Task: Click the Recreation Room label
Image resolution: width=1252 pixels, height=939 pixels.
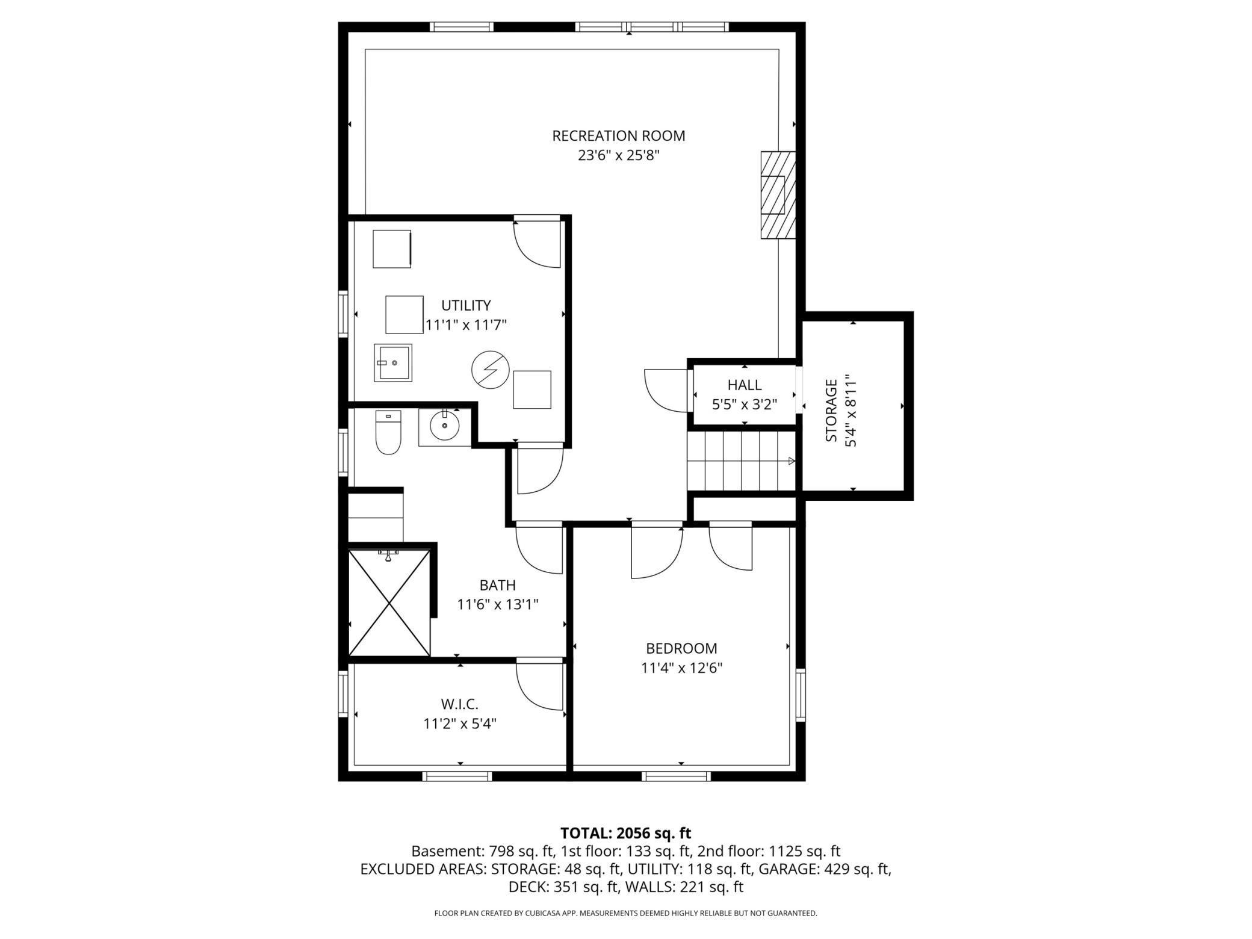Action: (x=619, y=136)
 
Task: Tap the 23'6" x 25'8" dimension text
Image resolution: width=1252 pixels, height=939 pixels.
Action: (x=619, y=156)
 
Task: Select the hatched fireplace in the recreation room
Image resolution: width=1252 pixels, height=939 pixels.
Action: (x=778, y=194)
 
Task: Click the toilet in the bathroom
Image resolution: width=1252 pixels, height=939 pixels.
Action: (x=388, y=432)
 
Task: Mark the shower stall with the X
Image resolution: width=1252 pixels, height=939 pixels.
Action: (x=389, y=603)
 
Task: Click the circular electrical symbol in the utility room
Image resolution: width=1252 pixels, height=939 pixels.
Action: (x=490, y=370)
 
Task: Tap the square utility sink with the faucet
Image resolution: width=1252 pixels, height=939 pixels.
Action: (x=393, y=363)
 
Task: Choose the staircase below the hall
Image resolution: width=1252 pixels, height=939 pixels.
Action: (x=742, y=461)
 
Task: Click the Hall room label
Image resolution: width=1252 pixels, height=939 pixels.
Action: (x=745, y=385)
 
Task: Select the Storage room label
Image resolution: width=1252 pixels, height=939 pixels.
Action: (x=831, y=411)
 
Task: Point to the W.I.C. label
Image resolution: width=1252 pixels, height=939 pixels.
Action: (x=460, y=704)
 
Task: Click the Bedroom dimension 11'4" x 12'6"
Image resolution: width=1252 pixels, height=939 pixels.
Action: (x=681, y=668)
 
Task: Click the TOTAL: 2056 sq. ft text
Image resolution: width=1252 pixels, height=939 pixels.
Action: (x=625, y=833)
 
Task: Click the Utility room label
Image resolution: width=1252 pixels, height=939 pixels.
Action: (x=466, y=306)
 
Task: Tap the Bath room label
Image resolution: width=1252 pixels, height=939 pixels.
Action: (x=498, y=585)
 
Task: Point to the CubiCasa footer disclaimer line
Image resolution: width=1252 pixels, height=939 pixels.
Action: (x=625, y=913)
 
